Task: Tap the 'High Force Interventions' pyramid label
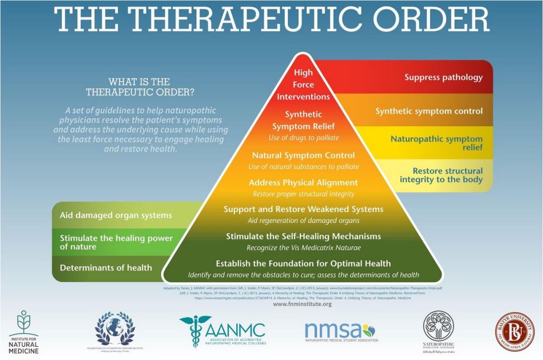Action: tap(303, 85)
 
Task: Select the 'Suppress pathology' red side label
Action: tap(443, 77)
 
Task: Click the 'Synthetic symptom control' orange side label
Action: tap(429, 111)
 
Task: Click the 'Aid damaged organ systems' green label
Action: tap(116, 215)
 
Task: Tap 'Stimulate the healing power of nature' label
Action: tap(116, 242)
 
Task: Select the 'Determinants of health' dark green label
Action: tap(106, 268)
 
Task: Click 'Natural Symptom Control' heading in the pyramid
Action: tap(303, 156)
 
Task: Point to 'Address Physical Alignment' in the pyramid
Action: tap(303, 182)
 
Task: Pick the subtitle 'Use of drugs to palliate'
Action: tap(303, 138)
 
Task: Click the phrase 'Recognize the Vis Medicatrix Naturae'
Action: tap(303, 247)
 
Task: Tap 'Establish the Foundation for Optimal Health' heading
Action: tap(303, 264)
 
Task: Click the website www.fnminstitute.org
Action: tap(302, 304)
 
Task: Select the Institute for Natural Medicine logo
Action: tap(23, 332)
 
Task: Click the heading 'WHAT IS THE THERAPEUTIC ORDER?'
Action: tap(139, 87)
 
